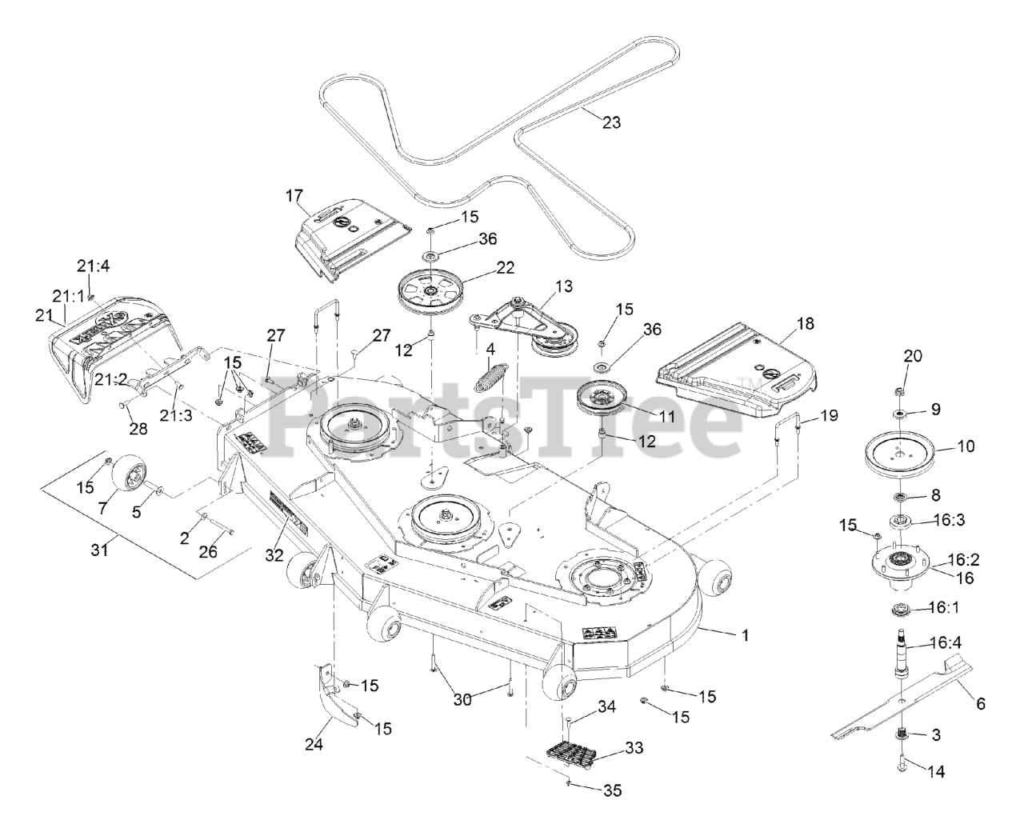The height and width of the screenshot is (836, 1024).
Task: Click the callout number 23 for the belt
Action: pyautogui.click(x=611, y=122)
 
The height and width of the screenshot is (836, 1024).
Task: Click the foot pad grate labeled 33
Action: pyautogui.click(x=578, y=754)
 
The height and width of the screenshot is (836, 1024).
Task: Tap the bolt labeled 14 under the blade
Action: pyautogui.click(x=901, y=764)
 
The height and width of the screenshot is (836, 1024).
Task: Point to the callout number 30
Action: pyautogui.click(x=463, y=699)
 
